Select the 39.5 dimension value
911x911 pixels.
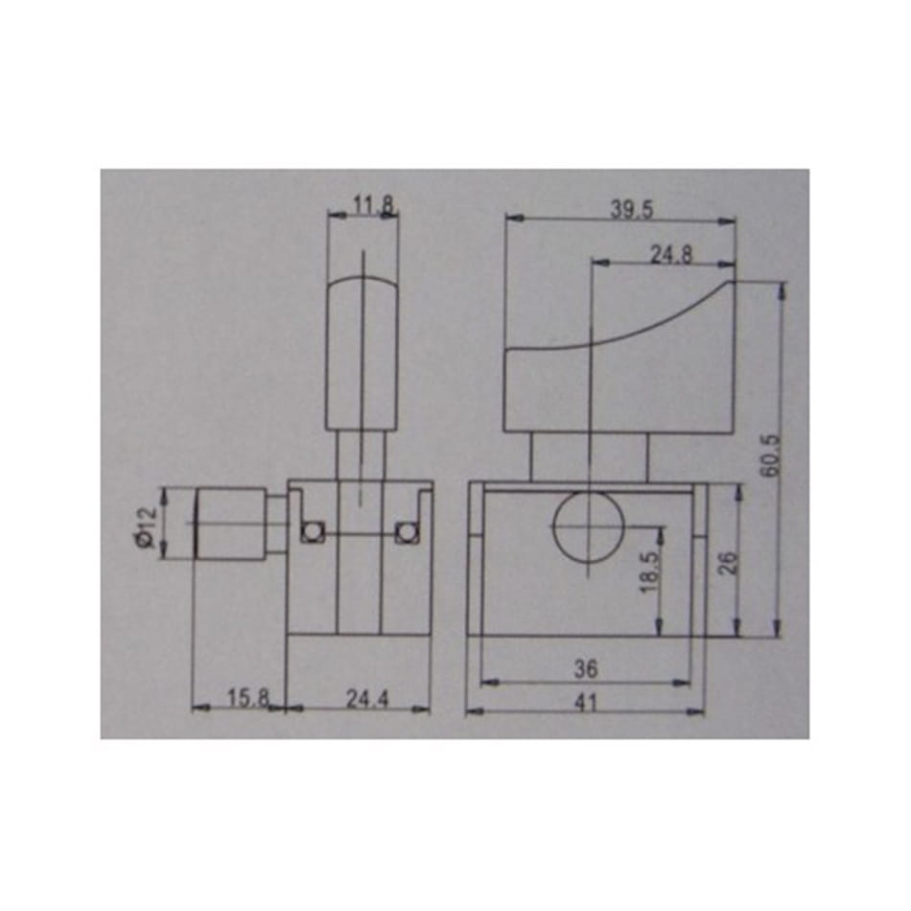(632, 209)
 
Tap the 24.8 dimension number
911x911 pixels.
(671, 254)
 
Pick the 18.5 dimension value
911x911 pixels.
(651, 572)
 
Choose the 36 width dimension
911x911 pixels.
(586, 668)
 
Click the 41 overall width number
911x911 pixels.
(586, 703)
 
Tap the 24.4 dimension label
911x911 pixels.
(367, 699)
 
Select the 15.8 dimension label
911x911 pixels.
(248, 698)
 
